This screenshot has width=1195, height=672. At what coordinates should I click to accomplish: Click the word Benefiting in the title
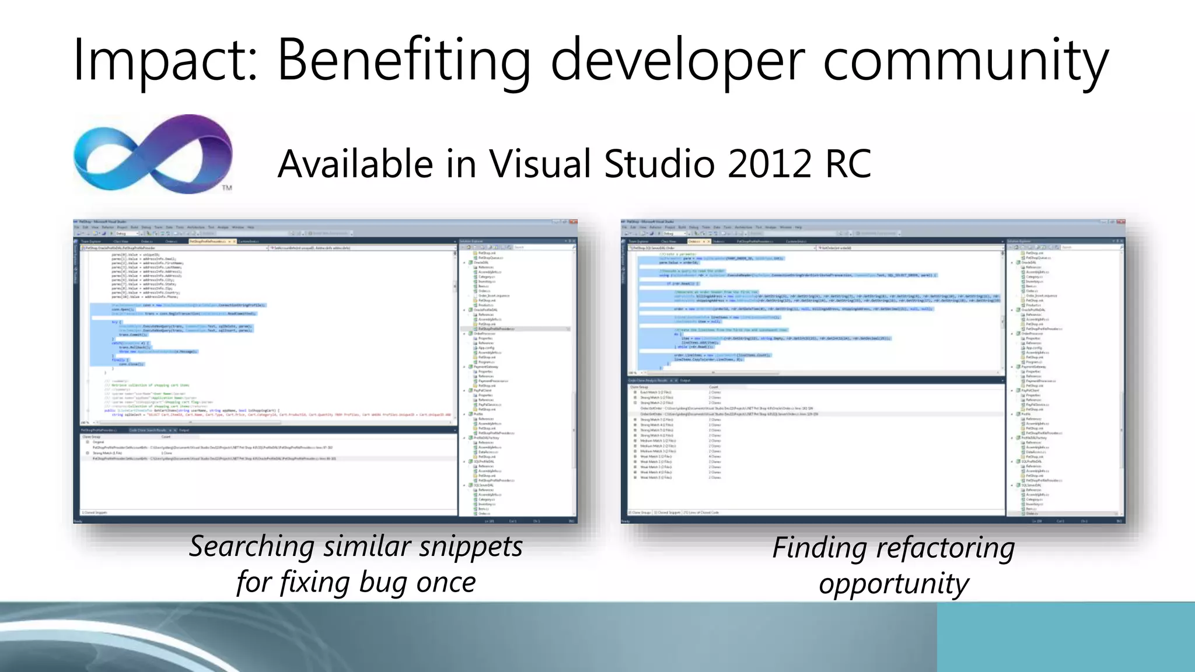403,60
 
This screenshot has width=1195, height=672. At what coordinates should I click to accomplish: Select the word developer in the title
677,60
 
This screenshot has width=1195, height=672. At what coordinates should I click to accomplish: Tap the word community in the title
966,60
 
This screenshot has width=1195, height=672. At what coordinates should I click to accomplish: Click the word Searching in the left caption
252,547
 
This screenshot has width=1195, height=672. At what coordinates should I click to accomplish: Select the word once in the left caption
446,583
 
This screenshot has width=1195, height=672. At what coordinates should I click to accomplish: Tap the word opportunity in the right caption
894,584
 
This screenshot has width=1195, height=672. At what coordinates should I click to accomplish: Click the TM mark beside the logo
227,188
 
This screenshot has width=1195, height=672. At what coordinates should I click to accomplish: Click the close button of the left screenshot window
573,222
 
